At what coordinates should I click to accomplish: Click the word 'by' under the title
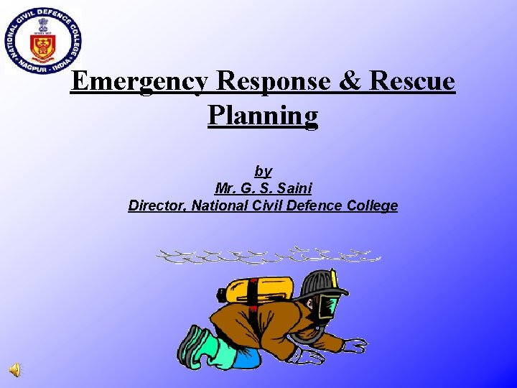(x=263, y=171)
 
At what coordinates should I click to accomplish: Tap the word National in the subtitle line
(x=226, y=205)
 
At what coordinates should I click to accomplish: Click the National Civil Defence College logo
(x=42, y=40)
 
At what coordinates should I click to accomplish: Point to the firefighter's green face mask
(x=327, y=307)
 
